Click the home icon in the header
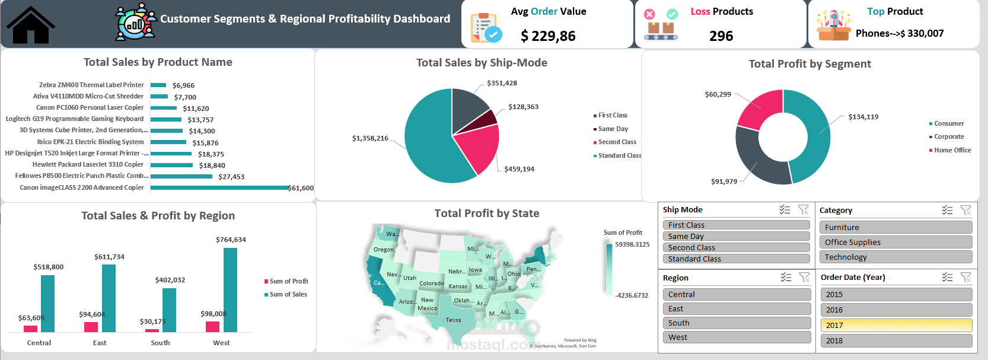tap(30, 25)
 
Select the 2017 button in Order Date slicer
tap(895, 325)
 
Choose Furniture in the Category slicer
tap(895, 227)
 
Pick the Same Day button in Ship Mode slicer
tap(735, 236)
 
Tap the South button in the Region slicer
tap(736, 323)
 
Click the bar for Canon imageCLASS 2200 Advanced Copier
tap(219, 187)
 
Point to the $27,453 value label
tap(231, 177)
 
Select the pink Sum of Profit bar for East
tap(91, 327)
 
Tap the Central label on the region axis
tap(39, 343)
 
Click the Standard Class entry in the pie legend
tap(619, 155)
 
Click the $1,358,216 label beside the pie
tap(370, 138)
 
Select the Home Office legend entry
tap(952, 150)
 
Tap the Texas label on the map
tap(453, 320)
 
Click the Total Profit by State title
tap(486, 214)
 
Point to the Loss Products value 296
tap(721, 36)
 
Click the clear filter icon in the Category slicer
tap(965, 210)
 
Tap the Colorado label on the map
tap(431, 283)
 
